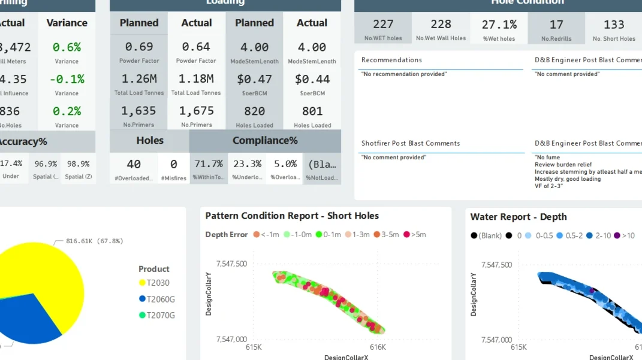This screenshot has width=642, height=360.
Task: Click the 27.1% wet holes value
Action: click(499, 25)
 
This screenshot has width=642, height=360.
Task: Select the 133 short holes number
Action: click(614, 25)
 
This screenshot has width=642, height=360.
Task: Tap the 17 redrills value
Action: click(556, 25)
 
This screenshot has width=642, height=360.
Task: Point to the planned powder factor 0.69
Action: click(139, 47)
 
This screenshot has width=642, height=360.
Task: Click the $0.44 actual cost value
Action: click(312, 79)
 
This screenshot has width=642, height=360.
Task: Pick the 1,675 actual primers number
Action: click(196, 111)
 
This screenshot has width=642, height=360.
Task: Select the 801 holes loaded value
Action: click(312, 111)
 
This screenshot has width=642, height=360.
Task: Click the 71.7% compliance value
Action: click(208, 164)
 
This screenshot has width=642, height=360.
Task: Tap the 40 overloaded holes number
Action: click(134, 164)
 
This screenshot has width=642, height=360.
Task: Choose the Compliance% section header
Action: click(265, 141)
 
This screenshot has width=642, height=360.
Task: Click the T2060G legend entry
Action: click(157, 299)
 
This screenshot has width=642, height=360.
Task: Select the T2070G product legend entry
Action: click(157, 315)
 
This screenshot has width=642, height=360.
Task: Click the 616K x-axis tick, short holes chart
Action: click(378, 347)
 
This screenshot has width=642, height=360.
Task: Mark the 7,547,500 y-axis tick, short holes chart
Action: click(232, 264)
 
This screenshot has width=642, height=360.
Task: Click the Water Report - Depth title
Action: click(519, 217)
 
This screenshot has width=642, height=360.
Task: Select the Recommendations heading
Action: click(391, 60)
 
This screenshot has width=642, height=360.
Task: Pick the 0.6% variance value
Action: click(67, 47)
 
